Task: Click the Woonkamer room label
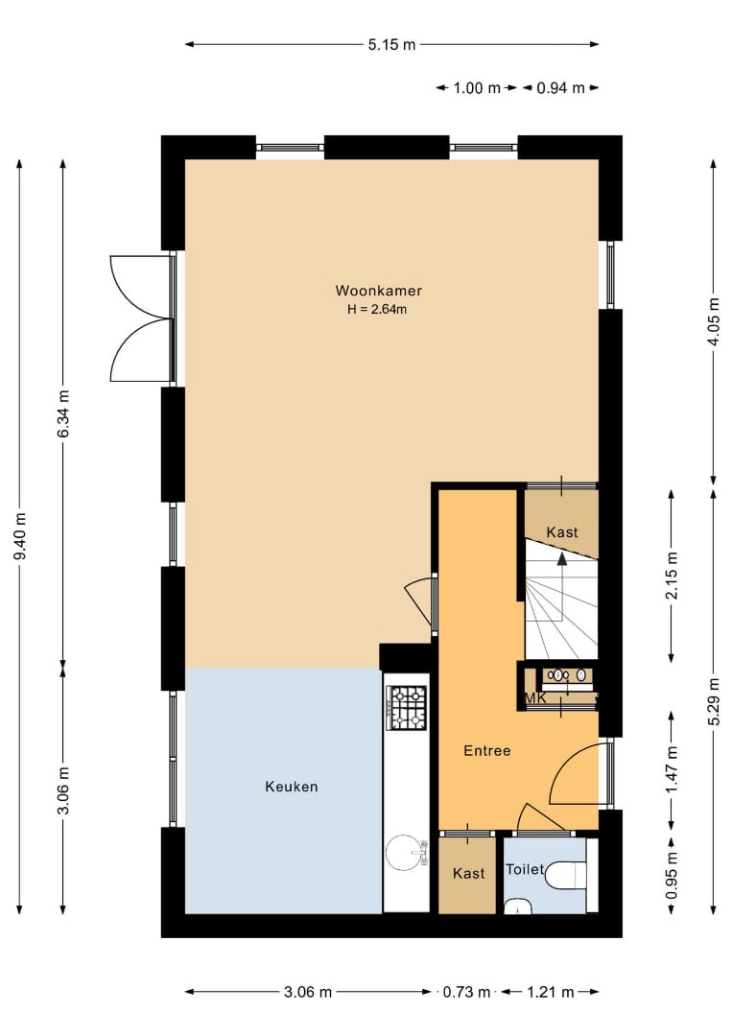coord(379,291)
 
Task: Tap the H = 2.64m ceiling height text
coord(377,309)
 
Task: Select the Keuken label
coord(292,787)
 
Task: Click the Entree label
coord(487,750)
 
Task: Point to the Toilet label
coord(525,869)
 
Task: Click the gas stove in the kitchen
coord(407,708)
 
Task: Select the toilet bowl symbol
coord(567,876)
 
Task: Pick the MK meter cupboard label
coord(535,697)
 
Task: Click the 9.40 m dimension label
coord(20,536)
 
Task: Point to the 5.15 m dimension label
coord(391,45)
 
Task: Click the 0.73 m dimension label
coord(467,992)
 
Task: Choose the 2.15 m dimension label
coord(672,576)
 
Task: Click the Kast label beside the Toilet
coord(469,874)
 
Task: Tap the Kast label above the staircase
coord(562,532)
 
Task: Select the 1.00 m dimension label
coord(477,88)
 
